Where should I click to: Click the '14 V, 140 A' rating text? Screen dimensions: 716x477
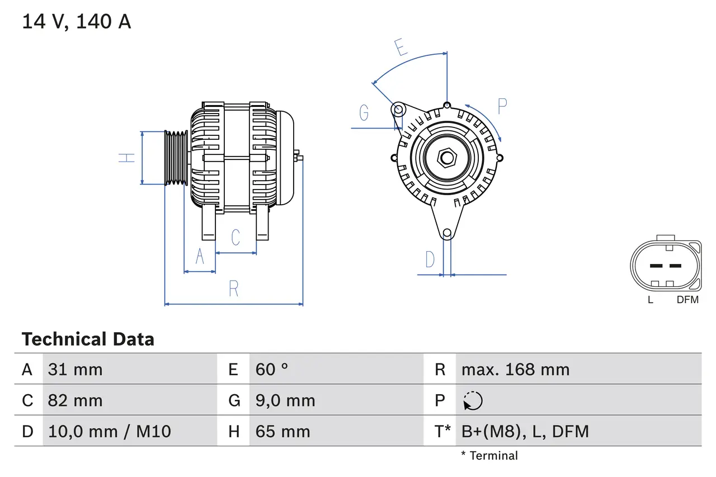[x=76, y=22]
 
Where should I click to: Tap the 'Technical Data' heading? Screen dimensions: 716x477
[x=88, y=339]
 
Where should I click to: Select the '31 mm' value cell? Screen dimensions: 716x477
[x=76, y=369]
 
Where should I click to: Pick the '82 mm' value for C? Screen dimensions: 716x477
[x=76, y=400]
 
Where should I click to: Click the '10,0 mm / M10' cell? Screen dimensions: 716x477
[x=110, y=431]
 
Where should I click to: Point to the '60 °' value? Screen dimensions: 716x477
[x=272, y=369]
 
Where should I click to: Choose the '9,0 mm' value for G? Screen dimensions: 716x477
[x=285, y=400]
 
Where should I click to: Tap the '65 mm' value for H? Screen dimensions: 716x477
[x=282, y=431]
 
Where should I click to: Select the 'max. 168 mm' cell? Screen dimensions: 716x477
[x=515, y=369]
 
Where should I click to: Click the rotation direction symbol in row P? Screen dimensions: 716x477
[x=473, y=400]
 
